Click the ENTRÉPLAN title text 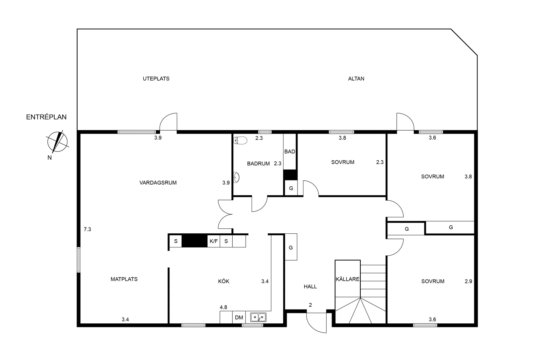click(x=46, y=117)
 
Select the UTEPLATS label click(x=156, y=79)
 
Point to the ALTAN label click(x=356, y=79)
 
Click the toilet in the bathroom click(x=240, y=140)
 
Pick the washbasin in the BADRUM click(x=236, y=177)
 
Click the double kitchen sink click(x=258, y=317)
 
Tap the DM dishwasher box click(x=239, y=317)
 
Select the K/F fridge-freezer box click(x=214, y=241)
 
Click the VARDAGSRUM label click(x=158, y=183)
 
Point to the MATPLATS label click(x=124, y=279)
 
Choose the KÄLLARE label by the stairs click(x=348, y=279)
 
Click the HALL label click(x=310, y=287)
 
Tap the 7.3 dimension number click(x=87, y=229)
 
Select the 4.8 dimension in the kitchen click(x=224, y=307)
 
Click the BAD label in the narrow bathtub click(x=290, y=152)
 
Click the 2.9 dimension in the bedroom click(x=468, y=281)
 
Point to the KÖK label click(x=224, y=281)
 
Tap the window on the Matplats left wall click(x=79, y=260)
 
